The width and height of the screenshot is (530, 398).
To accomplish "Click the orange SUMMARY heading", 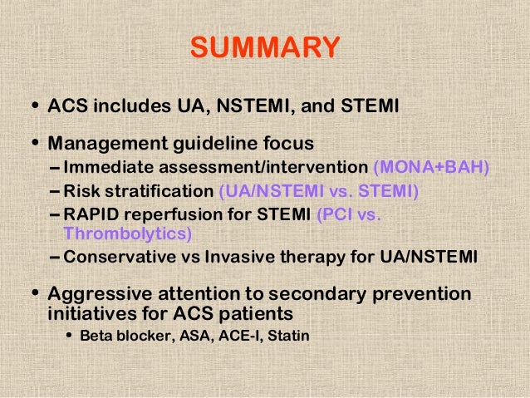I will (x=265, y=47).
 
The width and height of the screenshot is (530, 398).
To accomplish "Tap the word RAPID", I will (x=93, y=215).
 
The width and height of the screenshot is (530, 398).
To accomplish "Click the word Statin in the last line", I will (x=287, y=338).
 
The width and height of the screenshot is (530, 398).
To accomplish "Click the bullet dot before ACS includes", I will (x=33, y=107).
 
